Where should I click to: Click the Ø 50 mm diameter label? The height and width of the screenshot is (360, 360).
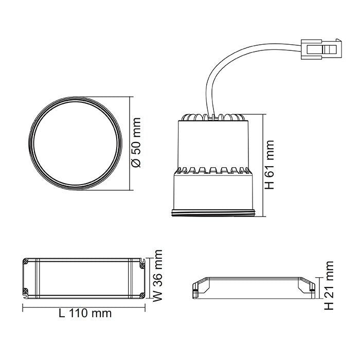136,142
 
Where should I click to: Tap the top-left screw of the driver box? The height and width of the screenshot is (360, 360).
26,261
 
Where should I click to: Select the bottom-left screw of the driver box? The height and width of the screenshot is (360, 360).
26,293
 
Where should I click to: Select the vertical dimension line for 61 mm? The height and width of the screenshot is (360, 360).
263,165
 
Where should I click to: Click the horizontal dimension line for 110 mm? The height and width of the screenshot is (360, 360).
85,305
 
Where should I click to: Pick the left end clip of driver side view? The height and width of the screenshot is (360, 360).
195,289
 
